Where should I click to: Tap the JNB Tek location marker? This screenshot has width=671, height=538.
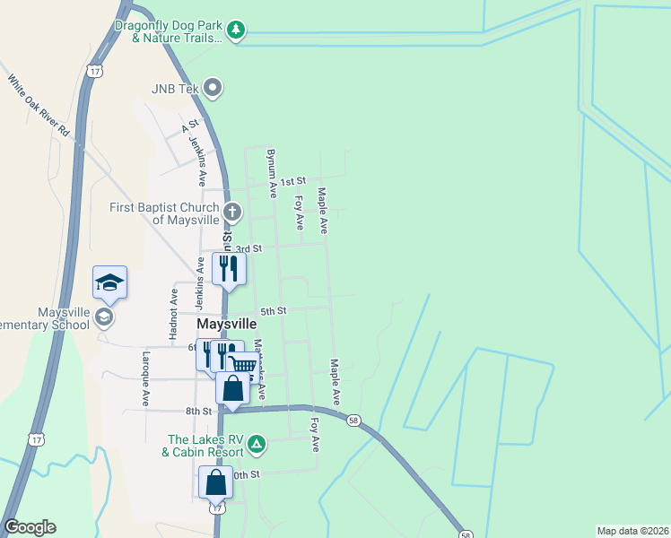[x=213, y=88]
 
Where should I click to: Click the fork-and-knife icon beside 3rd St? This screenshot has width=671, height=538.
[x=229, y=267]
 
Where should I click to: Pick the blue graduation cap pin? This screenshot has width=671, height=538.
[x=109, y=282]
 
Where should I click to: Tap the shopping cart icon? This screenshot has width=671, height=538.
[x=241, y=364]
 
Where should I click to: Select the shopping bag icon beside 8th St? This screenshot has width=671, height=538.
[x=232, y=388]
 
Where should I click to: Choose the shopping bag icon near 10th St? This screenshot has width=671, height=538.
[x=216, y=482]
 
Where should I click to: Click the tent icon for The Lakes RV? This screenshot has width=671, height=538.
[x=257, y=443]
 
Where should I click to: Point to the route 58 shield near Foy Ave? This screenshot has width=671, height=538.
[x=354, y=419]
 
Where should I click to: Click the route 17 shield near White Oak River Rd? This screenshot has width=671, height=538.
[x=95, y=69]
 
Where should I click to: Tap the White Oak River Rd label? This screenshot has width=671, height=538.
[x=39, y=106]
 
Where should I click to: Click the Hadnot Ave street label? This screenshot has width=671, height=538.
[x=173, y=306]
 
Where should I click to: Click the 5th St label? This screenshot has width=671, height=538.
[x=273, y=311]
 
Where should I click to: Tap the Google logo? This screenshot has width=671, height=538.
[x=30, y=527]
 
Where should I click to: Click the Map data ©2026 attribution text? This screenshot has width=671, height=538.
[x=632, y=531]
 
